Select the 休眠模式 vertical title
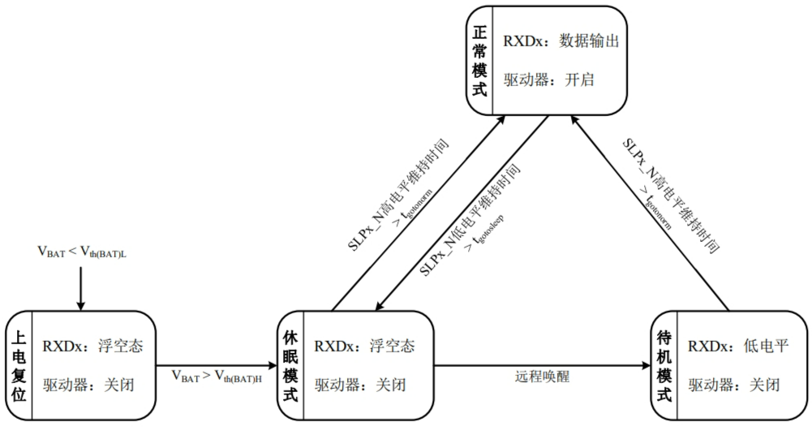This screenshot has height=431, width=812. (x=290, y=365)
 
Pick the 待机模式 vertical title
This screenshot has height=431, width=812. (x=664, y=365)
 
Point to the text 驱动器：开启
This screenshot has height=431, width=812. (x=549, y=80)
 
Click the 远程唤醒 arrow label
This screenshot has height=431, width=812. (x=542, y=377)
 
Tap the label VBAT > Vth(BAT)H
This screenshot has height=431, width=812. (x=217, y=377)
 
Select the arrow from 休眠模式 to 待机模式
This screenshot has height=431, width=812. (x=543, y=365)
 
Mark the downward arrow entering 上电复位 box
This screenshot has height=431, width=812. (x=80, y=288)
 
